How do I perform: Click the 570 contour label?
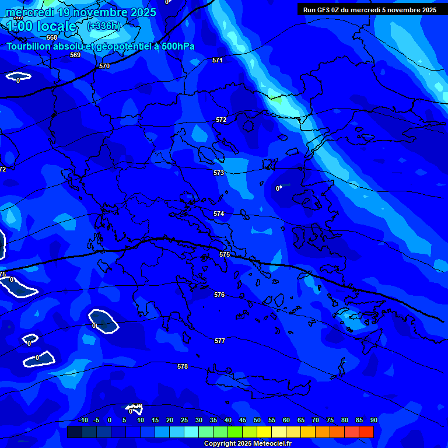(x=104, y=66)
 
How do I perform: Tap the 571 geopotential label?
(x=218, y=60)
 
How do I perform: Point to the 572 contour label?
(x=221, y=120)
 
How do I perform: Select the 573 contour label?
(x=219, y=173)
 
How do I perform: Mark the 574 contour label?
(x=219, y=214)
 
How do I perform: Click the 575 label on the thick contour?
(x=225, y=255)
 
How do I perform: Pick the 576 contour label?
(x=219, y=295)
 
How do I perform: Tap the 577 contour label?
(x=220, y=341)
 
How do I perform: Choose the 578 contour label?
(x=183, y=366)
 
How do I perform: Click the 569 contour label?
(x=75, y=55)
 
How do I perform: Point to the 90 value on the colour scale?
(x=373, y=421)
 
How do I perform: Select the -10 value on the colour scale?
(x=83, y=421)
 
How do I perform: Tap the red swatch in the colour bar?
(x=366, y=432)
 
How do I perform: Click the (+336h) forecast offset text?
(x=103, y=26)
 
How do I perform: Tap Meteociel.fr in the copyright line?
(x=272, y=444)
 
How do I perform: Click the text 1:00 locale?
(x=41, y=26)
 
